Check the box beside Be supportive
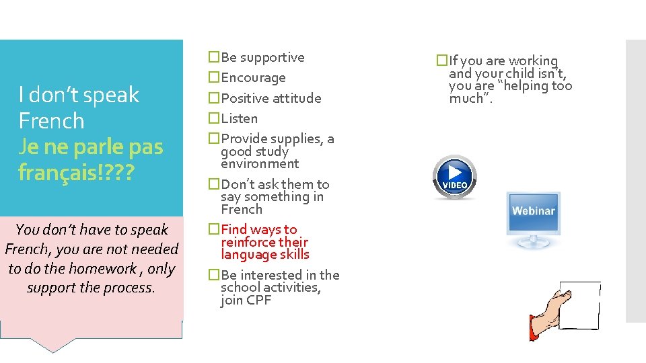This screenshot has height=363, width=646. click(x=214, y=56)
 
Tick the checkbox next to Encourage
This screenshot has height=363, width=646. click(x=214, y=77)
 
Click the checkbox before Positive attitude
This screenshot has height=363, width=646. click(x=214, y=97)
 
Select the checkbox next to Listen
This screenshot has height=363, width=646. click(x=214, y=118)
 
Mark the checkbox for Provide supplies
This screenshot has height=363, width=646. click(x=214, y=138)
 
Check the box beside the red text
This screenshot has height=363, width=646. click(x=214, y=229)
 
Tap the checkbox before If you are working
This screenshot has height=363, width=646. click(x=442, y=60)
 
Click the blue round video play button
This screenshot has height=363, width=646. click(x=455, y=177)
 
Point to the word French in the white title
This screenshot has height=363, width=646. click(x=52, y=120)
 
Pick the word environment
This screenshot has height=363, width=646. click(x=260, y=164)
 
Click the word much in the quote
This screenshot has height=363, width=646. click(x=466, y=98)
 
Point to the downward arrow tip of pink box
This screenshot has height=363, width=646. click(x=52, y=352)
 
